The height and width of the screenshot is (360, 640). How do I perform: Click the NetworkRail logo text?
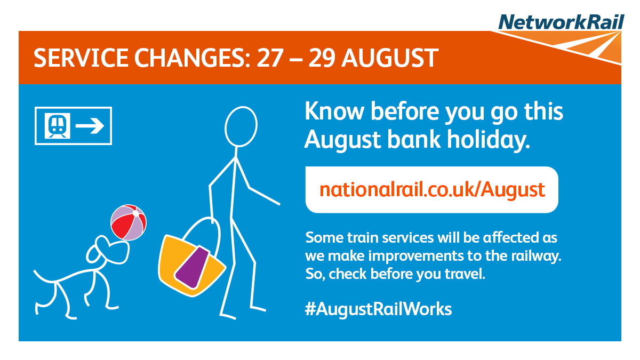pos(561,22)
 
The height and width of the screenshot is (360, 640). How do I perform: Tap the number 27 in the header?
pos(270,58)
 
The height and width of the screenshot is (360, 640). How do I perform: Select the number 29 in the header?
pos(322,58)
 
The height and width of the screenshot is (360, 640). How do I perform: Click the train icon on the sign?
pos(58,126)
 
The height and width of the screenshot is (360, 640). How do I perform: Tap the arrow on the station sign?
pos(90,126)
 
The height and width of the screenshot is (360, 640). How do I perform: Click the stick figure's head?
pos(241,126)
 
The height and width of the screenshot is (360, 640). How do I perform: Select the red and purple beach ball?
pos(129,222)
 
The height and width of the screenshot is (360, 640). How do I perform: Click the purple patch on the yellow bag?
pos(193,267)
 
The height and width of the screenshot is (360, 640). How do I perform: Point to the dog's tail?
pos(46,277)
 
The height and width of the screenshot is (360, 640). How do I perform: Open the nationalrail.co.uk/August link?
pos(432,190)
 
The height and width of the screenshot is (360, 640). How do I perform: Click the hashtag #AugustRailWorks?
pos(378,309)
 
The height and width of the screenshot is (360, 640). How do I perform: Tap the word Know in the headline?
pos(334,111)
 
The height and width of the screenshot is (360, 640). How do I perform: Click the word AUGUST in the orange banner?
pos(390,58)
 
